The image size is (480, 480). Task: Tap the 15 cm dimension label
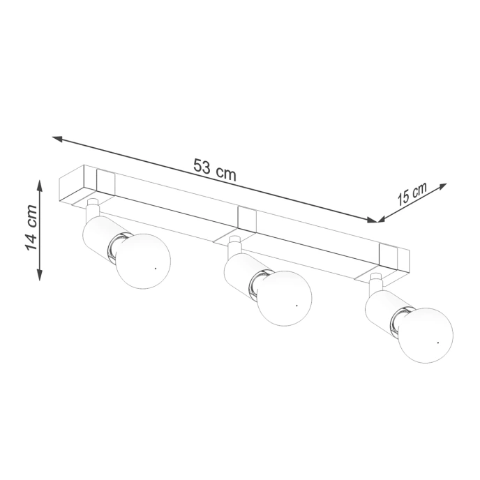tap(412, 193)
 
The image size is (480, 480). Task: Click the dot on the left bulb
tap(155, 267)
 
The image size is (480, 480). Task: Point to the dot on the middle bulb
tap(297, 304)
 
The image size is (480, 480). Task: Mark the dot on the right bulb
tap(437, 343)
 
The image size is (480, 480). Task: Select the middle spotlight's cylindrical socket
tap(240, 274)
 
